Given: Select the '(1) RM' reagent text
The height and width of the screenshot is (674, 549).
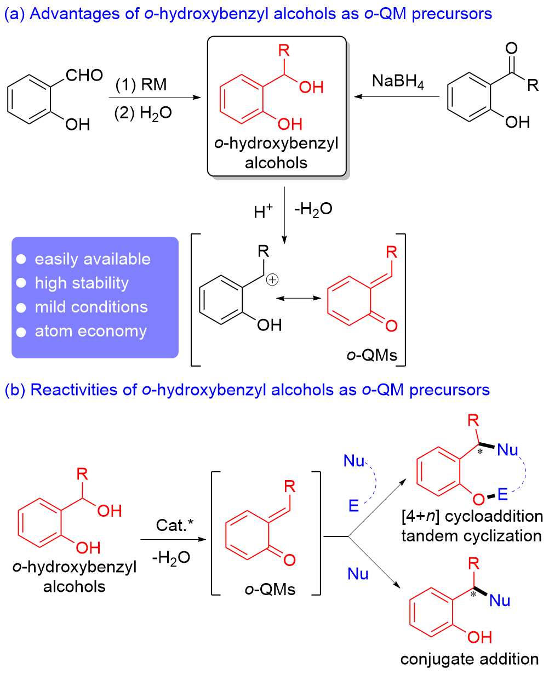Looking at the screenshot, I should click(x=141, y=85).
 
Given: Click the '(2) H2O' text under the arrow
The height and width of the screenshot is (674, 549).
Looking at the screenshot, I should click(x=144, y=113).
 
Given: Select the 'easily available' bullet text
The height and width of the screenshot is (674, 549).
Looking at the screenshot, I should click(x=92, y=259).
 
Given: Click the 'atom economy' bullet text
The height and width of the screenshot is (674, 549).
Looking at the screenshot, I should click(x=90, y=331).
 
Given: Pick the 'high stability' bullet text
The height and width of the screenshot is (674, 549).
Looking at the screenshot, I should click(x=82, y=283).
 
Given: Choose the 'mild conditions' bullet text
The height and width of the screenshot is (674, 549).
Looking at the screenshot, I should click(x=91, y=307).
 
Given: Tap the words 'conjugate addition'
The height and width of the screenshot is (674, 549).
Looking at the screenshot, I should click(x=470, y=659).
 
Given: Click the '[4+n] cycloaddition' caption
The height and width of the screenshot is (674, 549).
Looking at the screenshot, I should click(x=472, y=516).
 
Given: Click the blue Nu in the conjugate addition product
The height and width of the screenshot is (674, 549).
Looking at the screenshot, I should click(x=500, y=601).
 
